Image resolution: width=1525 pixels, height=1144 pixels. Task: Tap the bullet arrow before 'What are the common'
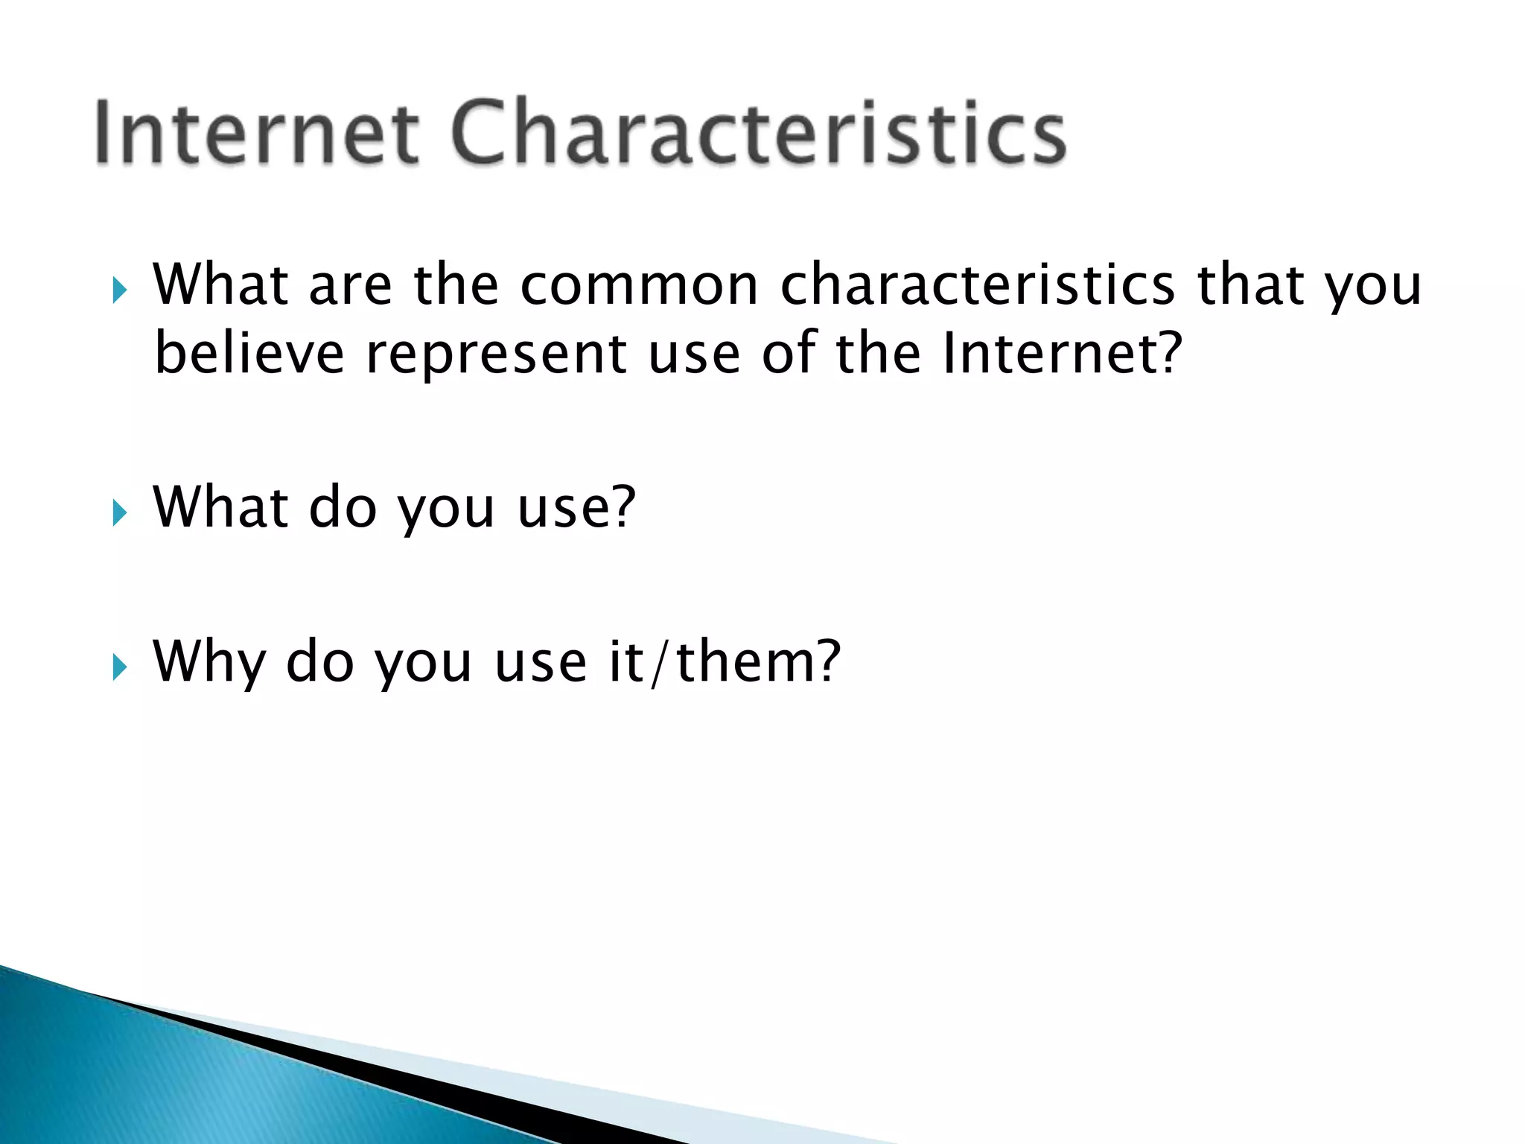click(119, 290)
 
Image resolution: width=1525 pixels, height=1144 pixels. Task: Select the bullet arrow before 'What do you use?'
click(119, 512)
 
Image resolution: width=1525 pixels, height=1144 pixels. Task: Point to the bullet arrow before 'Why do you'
click(119, 667)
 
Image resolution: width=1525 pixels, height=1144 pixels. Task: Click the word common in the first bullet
click(639, 285)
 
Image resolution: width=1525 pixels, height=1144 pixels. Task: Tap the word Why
click(208, 663)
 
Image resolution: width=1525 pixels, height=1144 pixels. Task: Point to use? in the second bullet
click(576, 509)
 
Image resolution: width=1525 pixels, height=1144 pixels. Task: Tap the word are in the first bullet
click(350, 287)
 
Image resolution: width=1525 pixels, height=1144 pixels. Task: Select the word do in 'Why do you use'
click(320, 661)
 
